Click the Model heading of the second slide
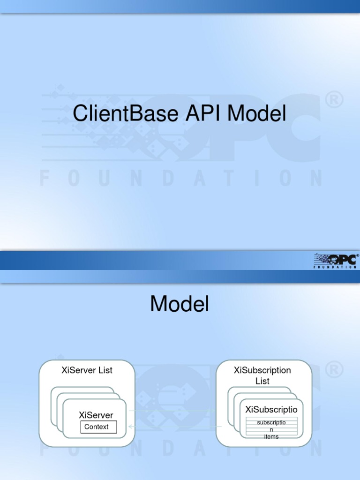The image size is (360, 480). point(180,305)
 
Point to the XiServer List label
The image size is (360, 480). point(87,370)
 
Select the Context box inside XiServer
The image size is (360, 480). point(98,427)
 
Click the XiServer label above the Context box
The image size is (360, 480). point(96,415)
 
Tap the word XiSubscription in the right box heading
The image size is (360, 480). point(262,370)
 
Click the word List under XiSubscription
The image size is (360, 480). point(262,381)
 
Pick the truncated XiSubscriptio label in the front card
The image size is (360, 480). point(271,410)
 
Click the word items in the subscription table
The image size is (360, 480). point(271,437)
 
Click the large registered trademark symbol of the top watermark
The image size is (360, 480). point(334,100)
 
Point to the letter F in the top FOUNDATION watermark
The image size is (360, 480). point(45,179)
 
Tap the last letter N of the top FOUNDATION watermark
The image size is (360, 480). point(316,179)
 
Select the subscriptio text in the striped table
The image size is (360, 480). point(271,422)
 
